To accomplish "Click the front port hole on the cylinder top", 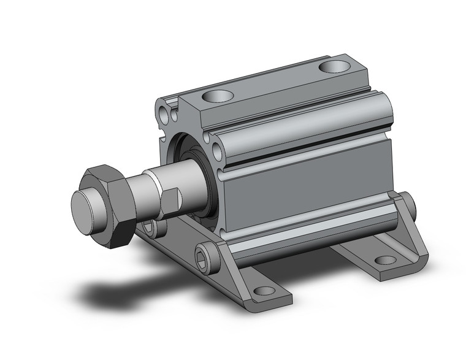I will coord(218,96).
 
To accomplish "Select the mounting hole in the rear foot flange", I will coord(384,259).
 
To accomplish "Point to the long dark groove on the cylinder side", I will coord(307,149).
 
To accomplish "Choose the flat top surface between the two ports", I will coord(276,83).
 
